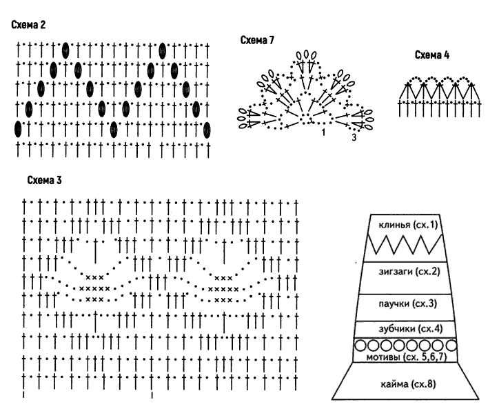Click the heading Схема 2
28,25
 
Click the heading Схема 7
257,40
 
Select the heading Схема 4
432,55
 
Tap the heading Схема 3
44,180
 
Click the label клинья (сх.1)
408,225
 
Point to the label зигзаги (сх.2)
409,272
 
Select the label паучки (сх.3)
407,303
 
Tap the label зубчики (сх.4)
411,328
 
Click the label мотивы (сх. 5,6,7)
407,357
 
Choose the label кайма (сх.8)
408,384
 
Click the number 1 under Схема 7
323,132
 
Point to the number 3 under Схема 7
354,137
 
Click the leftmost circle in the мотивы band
360,346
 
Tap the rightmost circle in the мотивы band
451,346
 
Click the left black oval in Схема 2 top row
65,50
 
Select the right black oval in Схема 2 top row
162,50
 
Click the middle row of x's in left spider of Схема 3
94,289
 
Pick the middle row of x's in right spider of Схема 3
223,289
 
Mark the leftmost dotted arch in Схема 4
416,79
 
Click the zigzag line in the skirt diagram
405,244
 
